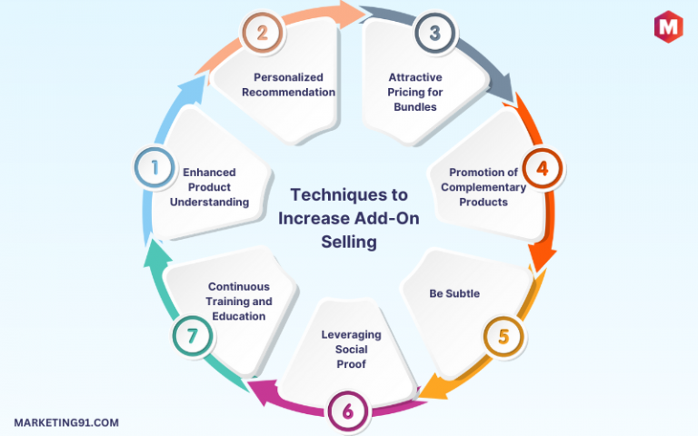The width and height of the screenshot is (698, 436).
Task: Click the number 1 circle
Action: (155, 168)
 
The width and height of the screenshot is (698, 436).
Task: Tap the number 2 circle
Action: (262, 33)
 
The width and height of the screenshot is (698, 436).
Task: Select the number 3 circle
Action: (435, 33)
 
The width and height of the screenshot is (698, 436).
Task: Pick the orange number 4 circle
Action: (543, 168)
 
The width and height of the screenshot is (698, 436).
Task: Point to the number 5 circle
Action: (504, 336)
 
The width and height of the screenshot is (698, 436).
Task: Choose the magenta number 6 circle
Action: (348, 411)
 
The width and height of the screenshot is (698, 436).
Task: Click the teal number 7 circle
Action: (193, 336)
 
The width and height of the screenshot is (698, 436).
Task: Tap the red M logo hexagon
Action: (668, 26)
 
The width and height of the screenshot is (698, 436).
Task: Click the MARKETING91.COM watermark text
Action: (66, 422)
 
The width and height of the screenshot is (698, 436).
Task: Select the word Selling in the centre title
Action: (349, 242)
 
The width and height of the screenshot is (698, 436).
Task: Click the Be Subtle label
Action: (454, 293)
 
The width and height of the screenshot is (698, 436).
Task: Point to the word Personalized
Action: (288, 77)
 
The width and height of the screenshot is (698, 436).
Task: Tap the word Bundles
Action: (415, 107)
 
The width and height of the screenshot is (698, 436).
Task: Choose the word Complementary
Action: (484, 187)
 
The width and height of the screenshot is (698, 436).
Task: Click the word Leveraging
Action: (351, 335)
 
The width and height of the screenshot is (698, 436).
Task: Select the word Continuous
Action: (239, 286)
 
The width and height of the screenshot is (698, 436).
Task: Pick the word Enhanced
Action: (209, 173)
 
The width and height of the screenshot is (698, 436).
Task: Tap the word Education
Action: (239, 316)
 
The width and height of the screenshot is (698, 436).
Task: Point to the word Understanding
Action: (209, 203)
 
